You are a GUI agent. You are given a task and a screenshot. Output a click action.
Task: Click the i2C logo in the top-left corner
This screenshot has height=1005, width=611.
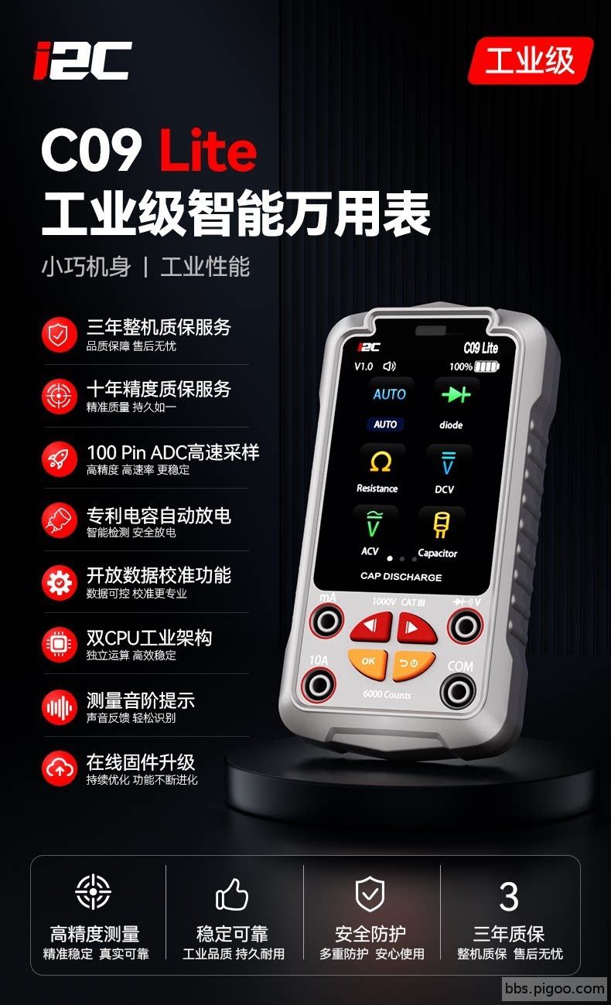click(82, 60)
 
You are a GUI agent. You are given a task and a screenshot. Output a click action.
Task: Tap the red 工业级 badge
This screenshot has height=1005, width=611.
click(531, 60)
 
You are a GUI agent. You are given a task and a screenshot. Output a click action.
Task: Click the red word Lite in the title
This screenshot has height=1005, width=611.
click(208, 150)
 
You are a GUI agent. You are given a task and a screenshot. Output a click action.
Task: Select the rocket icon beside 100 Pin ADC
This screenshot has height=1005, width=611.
click(60, 459)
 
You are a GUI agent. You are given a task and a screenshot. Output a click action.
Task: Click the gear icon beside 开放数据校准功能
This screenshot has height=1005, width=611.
click(60, 583)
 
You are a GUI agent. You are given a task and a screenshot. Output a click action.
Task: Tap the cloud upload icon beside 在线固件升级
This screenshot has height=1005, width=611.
click(60, 769)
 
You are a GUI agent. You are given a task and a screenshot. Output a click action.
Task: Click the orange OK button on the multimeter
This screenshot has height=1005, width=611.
click(368, 663)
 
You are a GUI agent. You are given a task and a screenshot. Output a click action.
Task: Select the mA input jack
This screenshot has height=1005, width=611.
click(327, 622)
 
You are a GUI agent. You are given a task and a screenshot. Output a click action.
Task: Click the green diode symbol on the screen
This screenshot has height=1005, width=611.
click(456, 395)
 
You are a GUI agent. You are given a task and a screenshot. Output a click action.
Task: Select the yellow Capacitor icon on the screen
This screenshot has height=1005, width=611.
click(441, 526)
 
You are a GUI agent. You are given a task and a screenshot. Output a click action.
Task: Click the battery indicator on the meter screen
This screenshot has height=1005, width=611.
click(487, 366)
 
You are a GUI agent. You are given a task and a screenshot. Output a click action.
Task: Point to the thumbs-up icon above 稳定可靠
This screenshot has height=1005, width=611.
click(232, 894)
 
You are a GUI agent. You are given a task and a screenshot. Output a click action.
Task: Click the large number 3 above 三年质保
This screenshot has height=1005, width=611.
click(509, 896)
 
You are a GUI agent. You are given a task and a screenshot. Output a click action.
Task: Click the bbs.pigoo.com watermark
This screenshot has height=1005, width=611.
click(555, 989)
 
